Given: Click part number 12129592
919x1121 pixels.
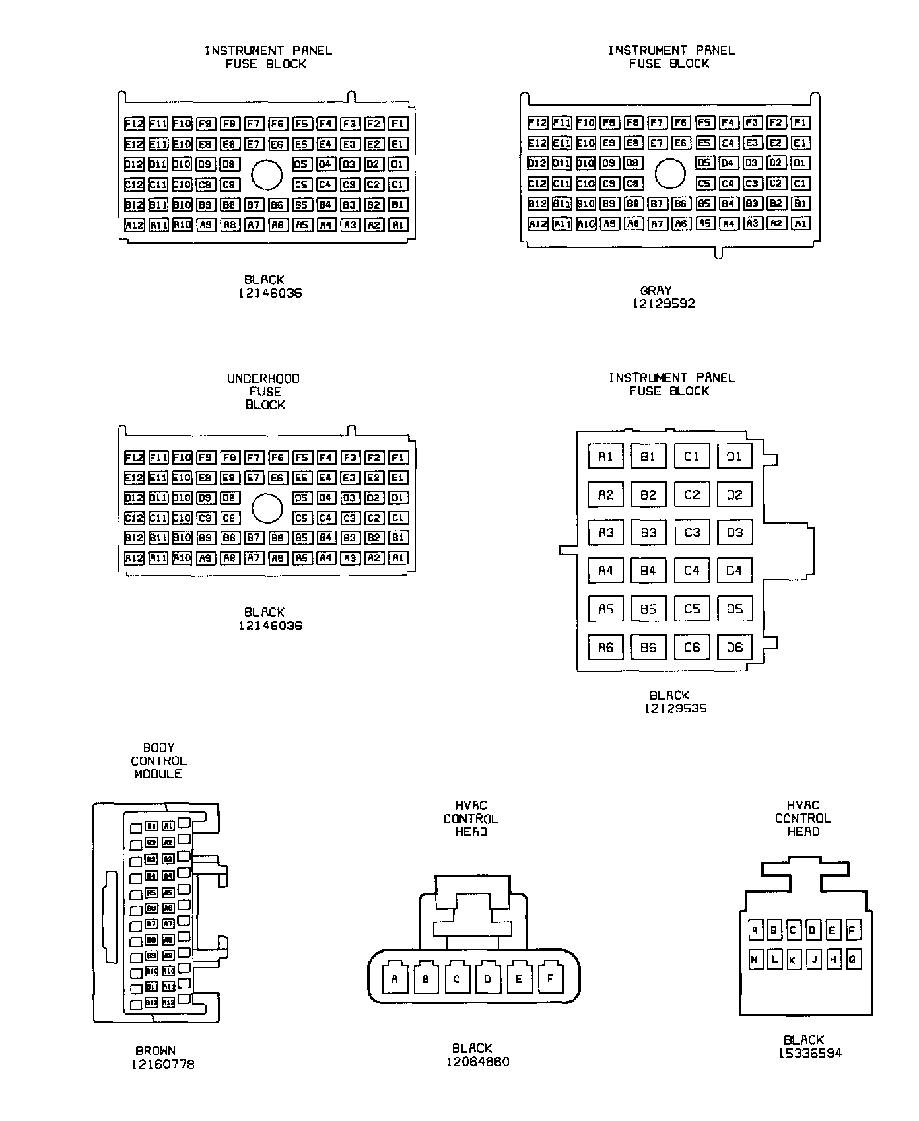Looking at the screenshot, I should [664, 304].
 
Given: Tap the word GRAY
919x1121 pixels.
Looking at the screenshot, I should [656, 290].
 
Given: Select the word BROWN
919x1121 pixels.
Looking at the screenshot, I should [156, 1050].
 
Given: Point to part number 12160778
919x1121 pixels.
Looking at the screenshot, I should [162, 1064].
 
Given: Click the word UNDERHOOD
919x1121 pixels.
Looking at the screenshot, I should [263, 378].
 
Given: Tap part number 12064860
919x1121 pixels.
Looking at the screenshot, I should [478, 1062].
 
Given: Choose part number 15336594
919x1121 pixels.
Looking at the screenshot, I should [810, 1053].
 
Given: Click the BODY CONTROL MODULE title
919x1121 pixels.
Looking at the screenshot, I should [158, 761].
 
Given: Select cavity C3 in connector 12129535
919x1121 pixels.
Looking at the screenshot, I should [691, 533].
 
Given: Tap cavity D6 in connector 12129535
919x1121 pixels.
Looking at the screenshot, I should [734, 648].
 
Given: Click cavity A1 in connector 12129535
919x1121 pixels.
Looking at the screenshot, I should [605, 456].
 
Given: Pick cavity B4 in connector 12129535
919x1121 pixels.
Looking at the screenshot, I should [648, 571].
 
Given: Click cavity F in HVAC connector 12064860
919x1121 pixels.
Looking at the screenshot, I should [550, 979].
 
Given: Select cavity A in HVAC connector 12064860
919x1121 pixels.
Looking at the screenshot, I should [395, 979].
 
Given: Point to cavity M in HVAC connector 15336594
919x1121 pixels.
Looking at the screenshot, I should [755, 960].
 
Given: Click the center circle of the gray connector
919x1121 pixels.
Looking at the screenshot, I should [669, 174].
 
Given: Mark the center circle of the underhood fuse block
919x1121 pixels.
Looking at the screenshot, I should [267, 508].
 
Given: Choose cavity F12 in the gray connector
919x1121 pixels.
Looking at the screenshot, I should [537, 123].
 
